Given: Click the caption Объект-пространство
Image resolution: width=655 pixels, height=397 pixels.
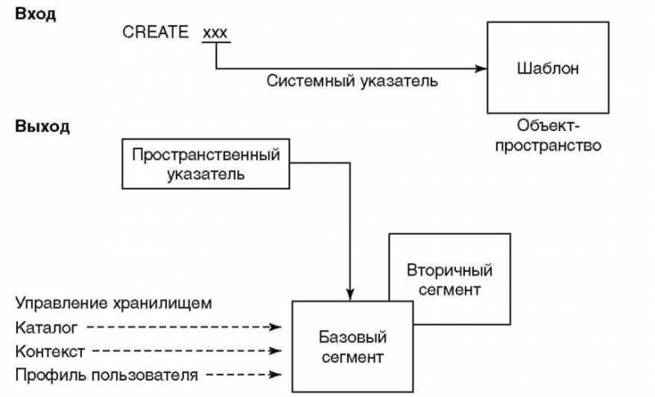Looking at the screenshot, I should [548, 137].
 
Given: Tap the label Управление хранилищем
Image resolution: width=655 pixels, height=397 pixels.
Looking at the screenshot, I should [114, 304].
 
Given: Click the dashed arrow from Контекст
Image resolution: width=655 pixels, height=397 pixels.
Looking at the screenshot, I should [188, 351].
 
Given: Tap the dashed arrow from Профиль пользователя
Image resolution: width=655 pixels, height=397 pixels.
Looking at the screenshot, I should [242, 376].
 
